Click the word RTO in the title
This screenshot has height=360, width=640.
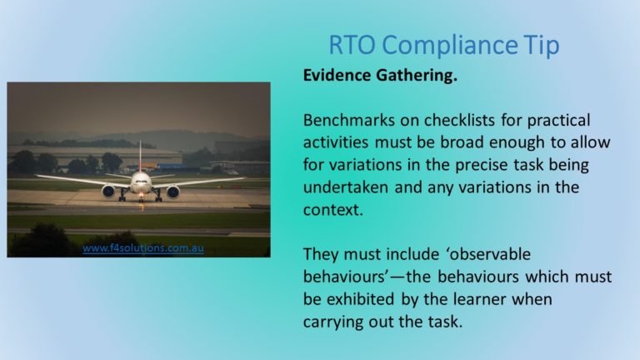pyautogui.click(x=352, y=44)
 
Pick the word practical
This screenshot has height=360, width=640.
pyautogui.click(x=559, y=121)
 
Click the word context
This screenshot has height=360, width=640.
pyautogui.click(x=333, y=210)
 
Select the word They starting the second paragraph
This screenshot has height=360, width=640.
pyautogui.click(x=321, y=255)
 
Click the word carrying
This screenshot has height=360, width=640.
pyautogui.click(x=332, y=322)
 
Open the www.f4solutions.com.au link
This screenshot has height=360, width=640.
pyautogui.click(x=142, y=248)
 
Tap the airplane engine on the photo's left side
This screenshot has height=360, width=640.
pyautogui.click(x=108, y=191)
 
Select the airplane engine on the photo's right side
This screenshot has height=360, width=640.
pyautogui.click(x=172, y=192)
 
